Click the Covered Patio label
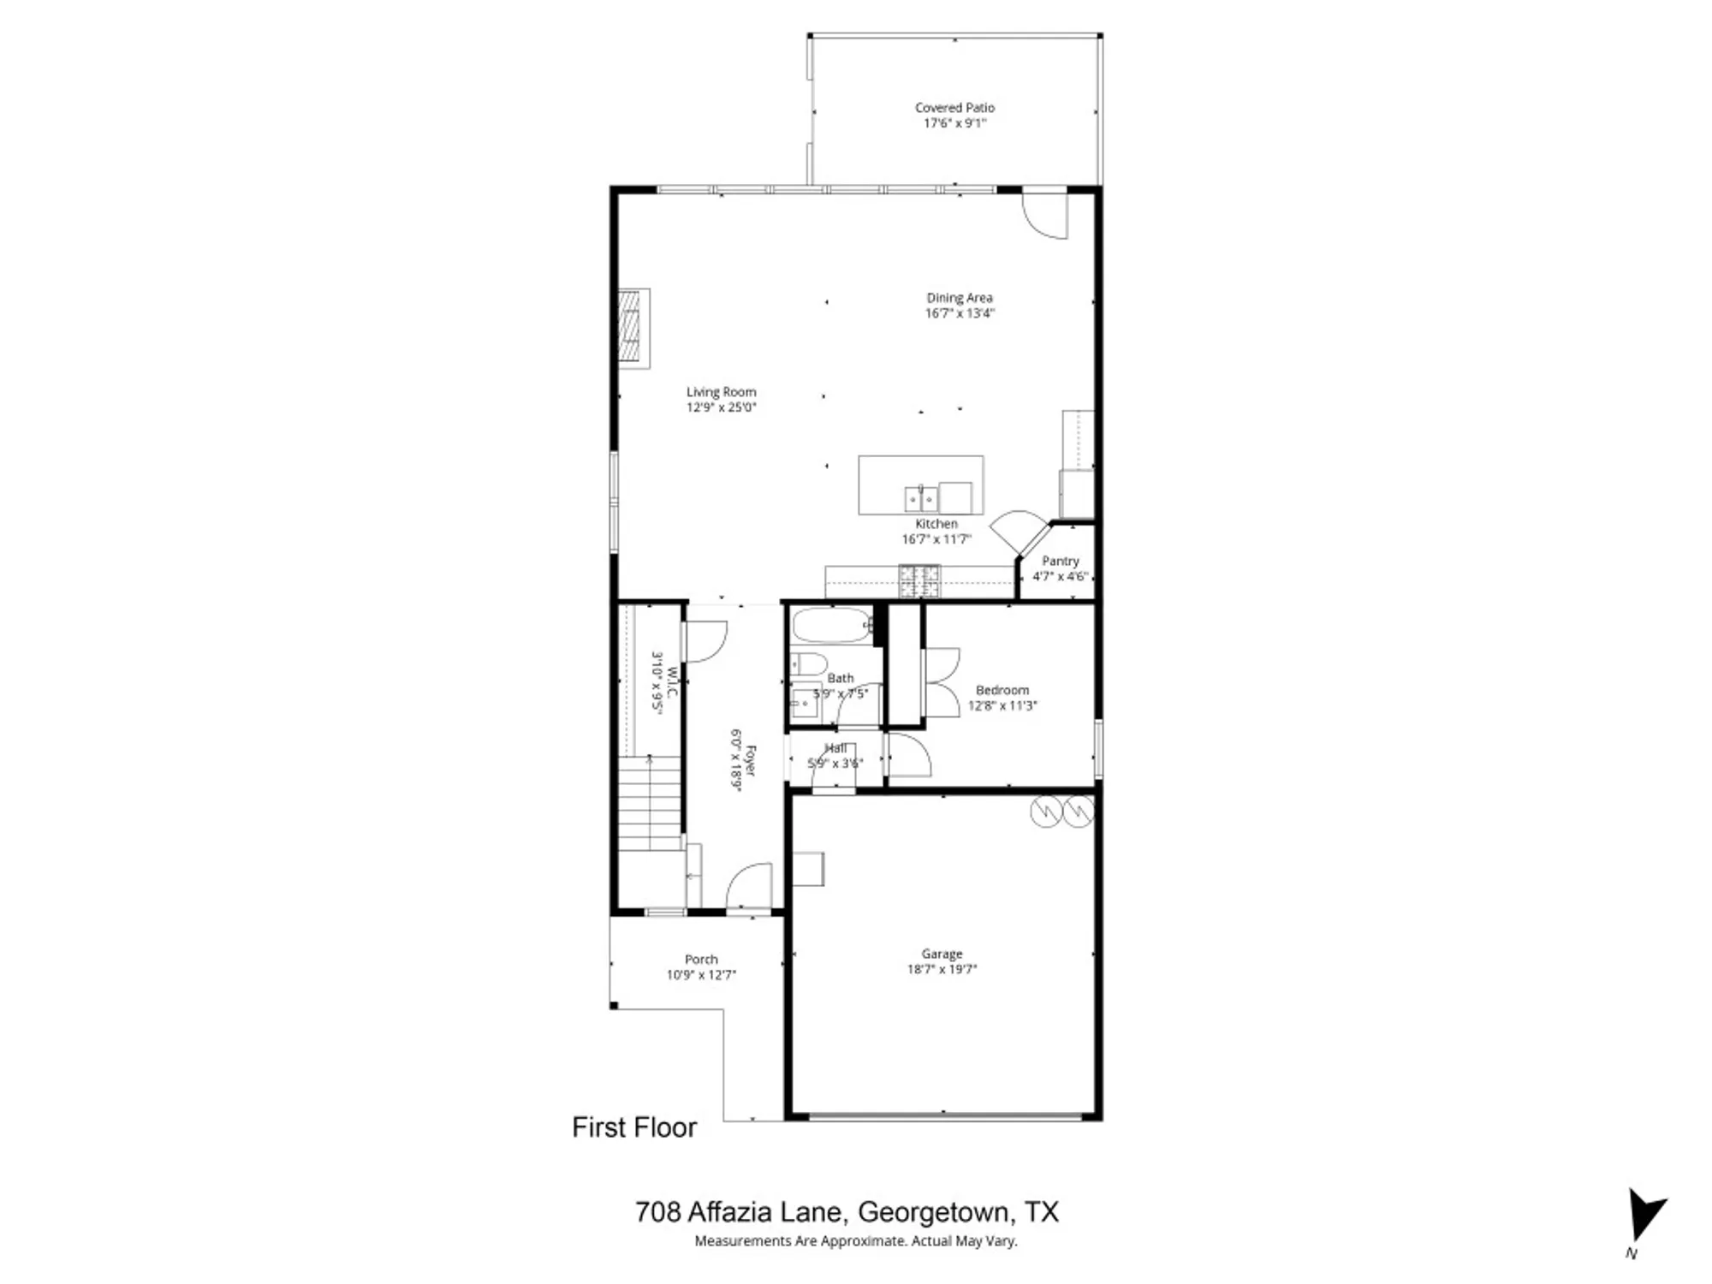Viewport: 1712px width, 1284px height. click(954, 108)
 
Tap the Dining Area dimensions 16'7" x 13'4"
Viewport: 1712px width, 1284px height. click(959, 313)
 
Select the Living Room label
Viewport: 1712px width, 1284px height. click(721, 392)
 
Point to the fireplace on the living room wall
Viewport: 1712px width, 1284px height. click(632, 328)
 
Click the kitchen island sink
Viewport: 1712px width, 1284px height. click(920, 497)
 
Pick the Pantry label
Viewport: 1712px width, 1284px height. click(1060, 561)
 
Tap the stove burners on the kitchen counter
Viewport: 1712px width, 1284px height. click(918, 581)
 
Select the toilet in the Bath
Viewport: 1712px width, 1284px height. click(808, 663)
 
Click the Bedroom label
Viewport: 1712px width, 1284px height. click(1002, 690)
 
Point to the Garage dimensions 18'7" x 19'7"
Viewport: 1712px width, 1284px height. click(942, 969)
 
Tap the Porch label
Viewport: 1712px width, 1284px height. click(701, 960)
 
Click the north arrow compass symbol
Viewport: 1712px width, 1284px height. click(1644, 1216)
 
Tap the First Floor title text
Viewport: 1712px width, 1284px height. click(634, 1127)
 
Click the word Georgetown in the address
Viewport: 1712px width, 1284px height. click(933, 1212)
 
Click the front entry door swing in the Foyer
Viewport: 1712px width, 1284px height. click(751, 887)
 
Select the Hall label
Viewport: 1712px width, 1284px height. click(835, 748)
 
